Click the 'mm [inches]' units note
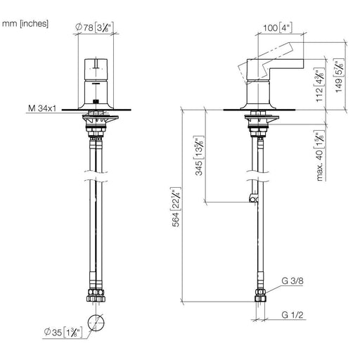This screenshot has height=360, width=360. pyautogui.click(x=25, y=24)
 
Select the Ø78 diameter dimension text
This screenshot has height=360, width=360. pyautogui.click(x=95, y=27)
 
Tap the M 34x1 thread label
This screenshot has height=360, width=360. pyautogui.click(x=42, y=108)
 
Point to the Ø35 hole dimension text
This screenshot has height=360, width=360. pyautogui.click(x=63, y=332)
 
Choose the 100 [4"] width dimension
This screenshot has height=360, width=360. pyautogui.click(x=278, y=28)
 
